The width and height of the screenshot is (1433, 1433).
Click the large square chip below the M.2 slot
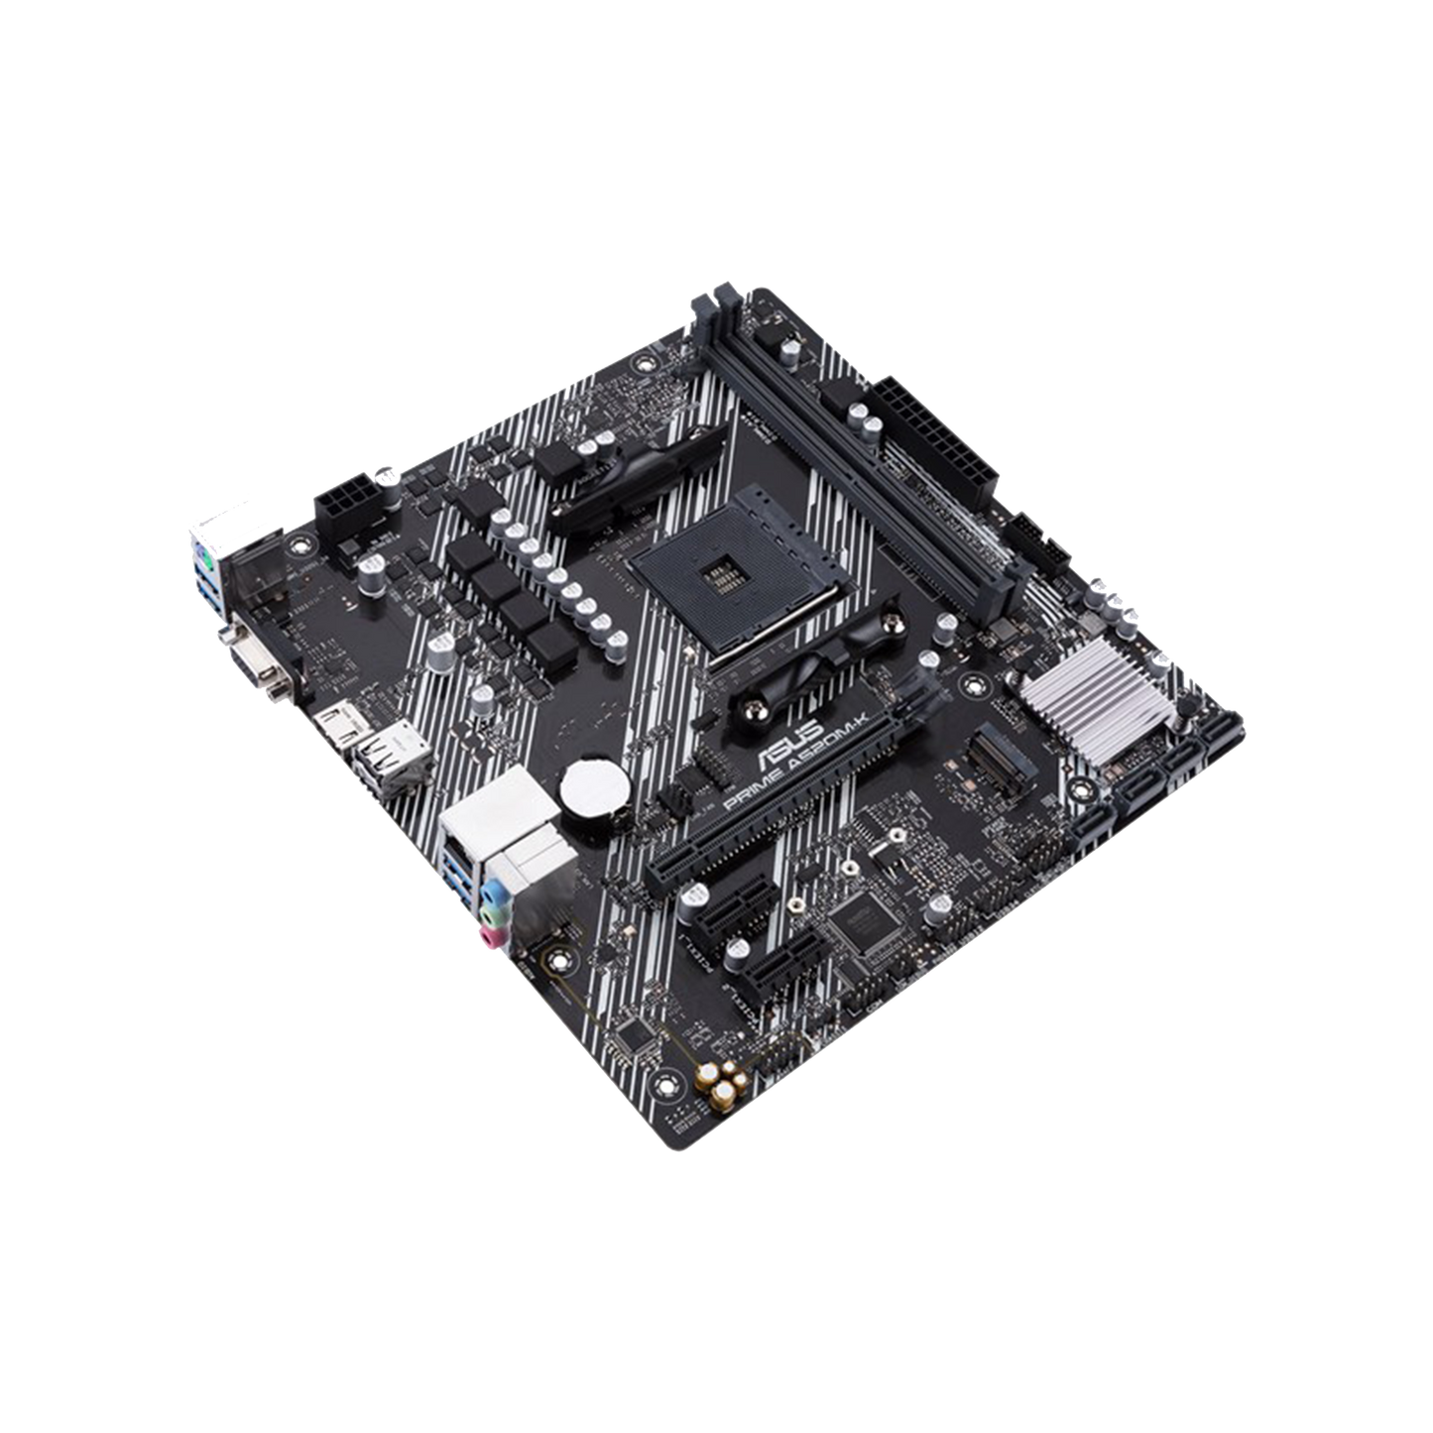point(859,919)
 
